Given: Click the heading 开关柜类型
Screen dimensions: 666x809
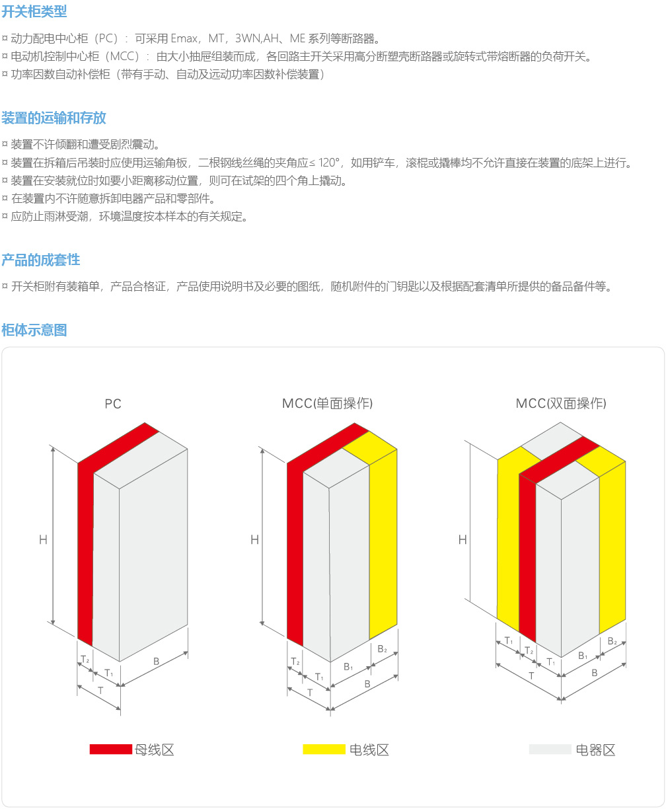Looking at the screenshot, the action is pyautogui.click(x=34, y=11).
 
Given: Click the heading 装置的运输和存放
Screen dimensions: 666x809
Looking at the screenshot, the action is pyautogui.click(x=54, y=118).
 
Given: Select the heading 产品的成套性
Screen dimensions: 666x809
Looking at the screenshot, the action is pyautogui.click(x=41, y=260).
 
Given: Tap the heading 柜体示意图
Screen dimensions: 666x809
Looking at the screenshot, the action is pyautogui.click(x=34, y=330).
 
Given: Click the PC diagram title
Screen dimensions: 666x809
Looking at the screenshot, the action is pyautogui.click(x=113, y=404).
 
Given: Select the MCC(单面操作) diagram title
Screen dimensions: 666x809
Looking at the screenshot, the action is pyautogui.click(x=327, y=403).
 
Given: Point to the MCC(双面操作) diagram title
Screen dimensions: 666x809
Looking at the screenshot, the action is pyautogui.click(x=561, y=403).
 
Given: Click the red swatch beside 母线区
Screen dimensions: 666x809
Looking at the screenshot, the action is pyautogui.click(x=111, y=749).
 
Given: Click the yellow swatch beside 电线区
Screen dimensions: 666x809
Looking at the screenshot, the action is pyautogui.click(x=324, y=749).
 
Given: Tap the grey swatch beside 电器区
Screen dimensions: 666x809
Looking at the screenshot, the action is pyautogui.click(x=550, y=749).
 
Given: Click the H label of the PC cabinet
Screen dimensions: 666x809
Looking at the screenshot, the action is pyautogui.click(x=43, y=539).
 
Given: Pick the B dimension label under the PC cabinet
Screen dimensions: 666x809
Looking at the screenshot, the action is pyautogui.click(x=156, y=661).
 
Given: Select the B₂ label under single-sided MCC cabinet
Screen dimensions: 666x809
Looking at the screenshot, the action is pyautogui.click(x=383, y=648).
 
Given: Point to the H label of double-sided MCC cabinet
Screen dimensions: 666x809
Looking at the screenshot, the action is pyautogui.click(x=462, y=539).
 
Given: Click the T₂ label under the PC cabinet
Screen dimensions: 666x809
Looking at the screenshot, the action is pyautogui.click(x=85, y=659).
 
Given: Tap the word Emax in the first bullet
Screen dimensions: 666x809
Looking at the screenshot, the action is pyautogui.click(x=184, y=38).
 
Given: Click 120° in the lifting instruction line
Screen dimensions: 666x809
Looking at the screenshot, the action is pyautogui.click(x=328, y=163).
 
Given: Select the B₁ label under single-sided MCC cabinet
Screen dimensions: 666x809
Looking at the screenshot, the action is pyautogui.click(x=348, y=666).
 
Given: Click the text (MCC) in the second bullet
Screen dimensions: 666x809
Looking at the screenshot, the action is pyautogui.click(x=124, y=56).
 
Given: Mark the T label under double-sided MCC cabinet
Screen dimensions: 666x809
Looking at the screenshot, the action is pyautogui.click(x=531, y=675).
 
